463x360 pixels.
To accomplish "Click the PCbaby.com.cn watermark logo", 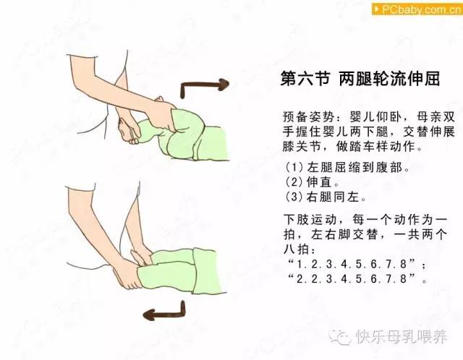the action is [x=417, y=9].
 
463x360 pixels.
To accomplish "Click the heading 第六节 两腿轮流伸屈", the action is [x=360, y=79].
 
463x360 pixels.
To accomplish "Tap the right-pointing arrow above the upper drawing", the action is [x=204, y=86].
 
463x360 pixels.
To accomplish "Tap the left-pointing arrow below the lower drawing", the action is [x=164, y=311].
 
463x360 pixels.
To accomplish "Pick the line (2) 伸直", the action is [x=312, y=182].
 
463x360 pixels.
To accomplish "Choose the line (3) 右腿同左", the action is [x=326, y=197].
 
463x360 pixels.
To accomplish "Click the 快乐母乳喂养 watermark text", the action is [x=402, y=337].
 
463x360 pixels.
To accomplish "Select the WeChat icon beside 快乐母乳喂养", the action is [x=341, y=337].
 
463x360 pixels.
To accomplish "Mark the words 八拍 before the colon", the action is [x=296, y=249].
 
